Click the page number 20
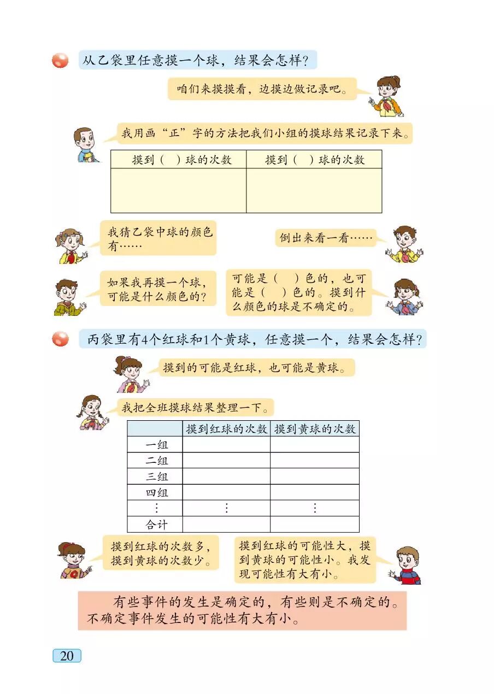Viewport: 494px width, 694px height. tap(67, 656)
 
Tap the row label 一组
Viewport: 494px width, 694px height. tap(156, 445)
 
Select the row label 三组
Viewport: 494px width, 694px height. tap(156, 477)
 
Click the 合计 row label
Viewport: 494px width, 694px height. tap(156, 525)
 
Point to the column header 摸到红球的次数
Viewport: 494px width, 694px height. tap(226, 429)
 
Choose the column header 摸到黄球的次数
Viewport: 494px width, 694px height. tap(315, 429)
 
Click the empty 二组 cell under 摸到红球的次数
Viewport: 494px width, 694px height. tap(226, 461)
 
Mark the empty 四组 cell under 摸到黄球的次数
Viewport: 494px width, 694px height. tap(315, 492)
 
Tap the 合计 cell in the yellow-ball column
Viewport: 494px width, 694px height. tap(315, 525)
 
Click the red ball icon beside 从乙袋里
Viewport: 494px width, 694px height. tap(60, 60)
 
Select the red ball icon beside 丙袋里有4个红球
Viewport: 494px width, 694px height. tap(60, 339)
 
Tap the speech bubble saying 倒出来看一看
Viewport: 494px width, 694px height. tap(326, 238)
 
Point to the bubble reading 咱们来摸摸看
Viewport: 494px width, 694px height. tap(262, 89)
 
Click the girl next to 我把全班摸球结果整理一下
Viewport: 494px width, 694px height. tap(93, 413)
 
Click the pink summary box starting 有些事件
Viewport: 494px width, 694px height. tap(242, 610)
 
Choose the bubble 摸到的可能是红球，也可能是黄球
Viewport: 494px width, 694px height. tap(256, 368)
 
